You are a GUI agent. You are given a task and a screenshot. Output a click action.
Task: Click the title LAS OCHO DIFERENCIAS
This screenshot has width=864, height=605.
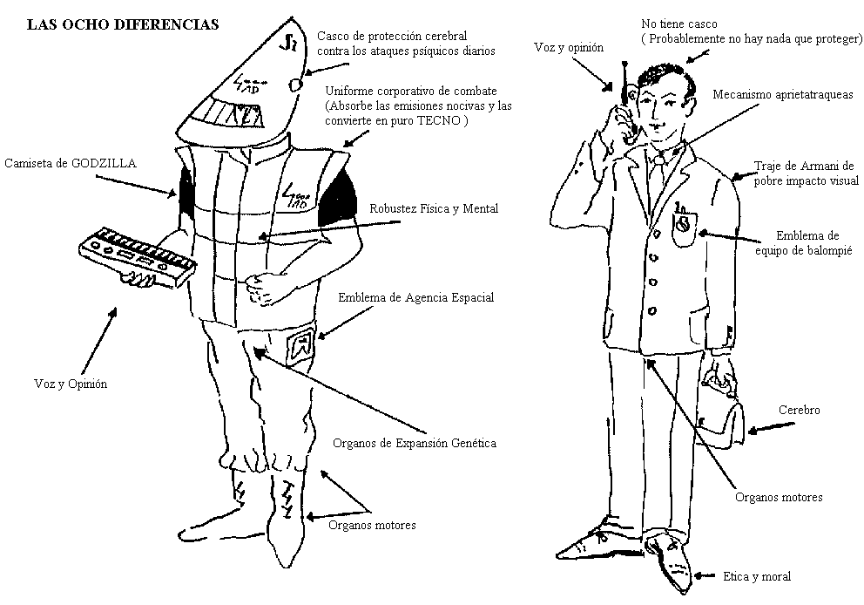pos(123,24)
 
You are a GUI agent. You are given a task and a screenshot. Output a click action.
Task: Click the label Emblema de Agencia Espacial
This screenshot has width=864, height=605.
pos(415,297)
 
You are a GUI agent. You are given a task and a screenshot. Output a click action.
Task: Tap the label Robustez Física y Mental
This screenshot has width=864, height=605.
pos(434,208)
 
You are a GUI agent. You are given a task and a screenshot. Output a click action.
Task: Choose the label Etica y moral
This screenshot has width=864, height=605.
pos(757,576)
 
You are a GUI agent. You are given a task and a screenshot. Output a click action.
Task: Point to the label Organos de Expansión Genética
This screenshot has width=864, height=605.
pos(415,443)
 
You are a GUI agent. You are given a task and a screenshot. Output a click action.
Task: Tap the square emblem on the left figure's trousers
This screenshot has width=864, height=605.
pos(303,343)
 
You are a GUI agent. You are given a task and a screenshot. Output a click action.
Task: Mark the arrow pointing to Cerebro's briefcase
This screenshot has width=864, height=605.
pos(773,427)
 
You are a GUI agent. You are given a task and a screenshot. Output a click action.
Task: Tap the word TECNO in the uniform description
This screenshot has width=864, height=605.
pos(442,121)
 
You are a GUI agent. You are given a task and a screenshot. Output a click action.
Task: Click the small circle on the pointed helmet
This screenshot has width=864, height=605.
pos(295,85)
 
